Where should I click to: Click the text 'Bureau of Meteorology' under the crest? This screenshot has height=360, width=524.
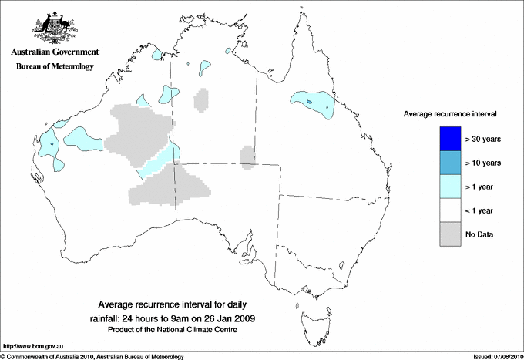coord(55,66)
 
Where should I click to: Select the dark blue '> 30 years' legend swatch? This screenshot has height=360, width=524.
coord(448,139)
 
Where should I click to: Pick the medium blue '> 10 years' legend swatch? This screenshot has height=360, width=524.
coord(448,163)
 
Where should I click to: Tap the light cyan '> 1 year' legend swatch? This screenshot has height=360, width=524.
coord(448,187)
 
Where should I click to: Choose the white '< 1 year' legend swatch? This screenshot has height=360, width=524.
coord(448,210)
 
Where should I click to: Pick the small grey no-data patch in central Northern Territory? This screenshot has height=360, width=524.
coord(202,99)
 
